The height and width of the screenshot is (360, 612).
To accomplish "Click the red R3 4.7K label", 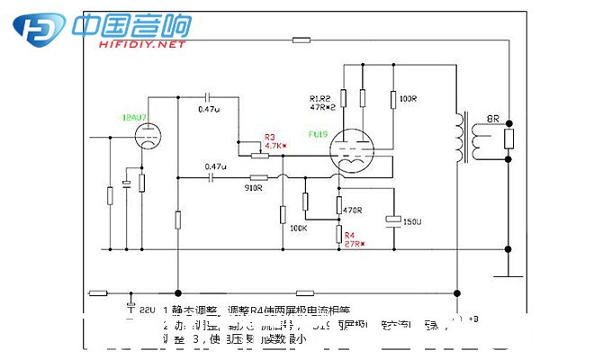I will (274, 141).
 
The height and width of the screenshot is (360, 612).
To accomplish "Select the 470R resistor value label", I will (353, 210).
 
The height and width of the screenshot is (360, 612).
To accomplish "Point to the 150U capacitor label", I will (412, 220).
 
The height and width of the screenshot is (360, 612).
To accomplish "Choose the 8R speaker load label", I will (492, 118).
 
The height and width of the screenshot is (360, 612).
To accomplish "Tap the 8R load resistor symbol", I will (508, 138).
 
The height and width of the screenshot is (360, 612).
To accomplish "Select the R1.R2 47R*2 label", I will (322, 102).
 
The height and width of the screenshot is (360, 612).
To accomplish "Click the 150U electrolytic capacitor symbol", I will (393, 218).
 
